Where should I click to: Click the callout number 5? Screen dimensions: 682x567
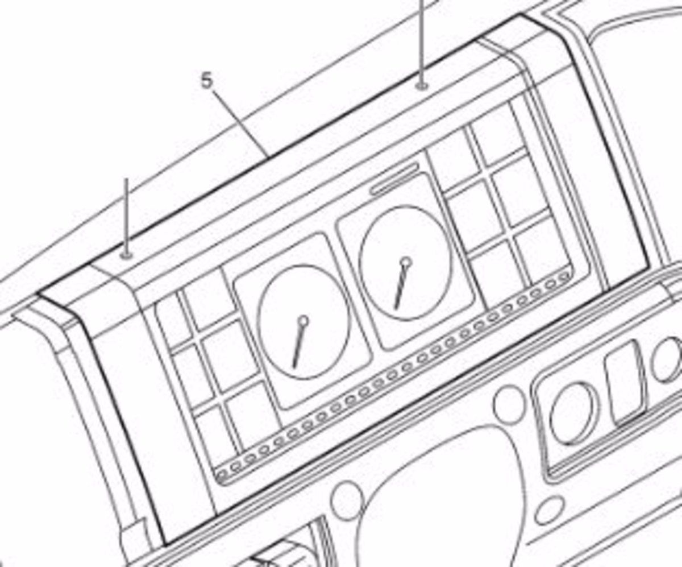pyautogui.click(x=207, y=81)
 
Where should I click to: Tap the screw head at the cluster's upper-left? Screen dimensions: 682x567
pyautogui.click(x=127, y=255)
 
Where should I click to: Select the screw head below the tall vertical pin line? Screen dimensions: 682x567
pyautogui.click(x=422, y=86)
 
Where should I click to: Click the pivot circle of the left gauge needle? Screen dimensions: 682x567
pyautogui.click(x=303, y=321)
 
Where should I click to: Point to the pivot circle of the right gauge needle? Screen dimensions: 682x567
pyautogui.click(x=406, y=262)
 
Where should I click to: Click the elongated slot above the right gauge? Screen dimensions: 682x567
pyautogui.click(x=394, y=180)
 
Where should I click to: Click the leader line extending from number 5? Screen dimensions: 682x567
pyautogui.click(x=241, y=123)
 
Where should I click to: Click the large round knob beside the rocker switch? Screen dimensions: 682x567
pyautogui.click(x=575, y=414)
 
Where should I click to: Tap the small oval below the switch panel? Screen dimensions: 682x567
pyautogui.click(x=550, y=511)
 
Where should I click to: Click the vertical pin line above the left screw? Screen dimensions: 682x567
pyautogui.click(x=127, y=216)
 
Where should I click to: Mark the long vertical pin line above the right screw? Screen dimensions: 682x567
pyautogui.click(x=422, y=43)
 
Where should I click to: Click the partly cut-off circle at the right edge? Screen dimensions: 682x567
pyautogui.click(x=668, y=359)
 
